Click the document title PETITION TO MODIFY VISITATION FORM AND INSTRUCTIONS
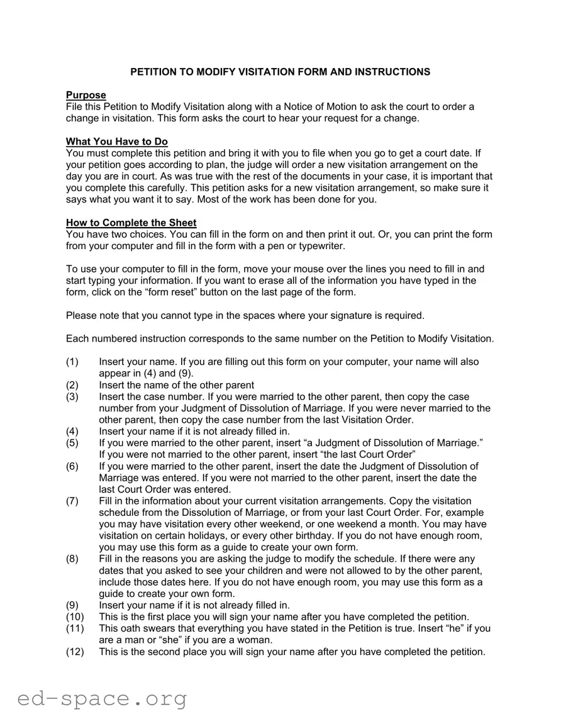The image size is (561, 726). coord(280,72)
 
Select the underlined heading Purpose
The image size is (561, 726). coord(86,95)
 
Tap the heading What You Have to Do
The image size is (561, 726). coord(117,142)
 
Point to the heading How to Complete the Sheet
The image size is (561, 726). coord(131,223)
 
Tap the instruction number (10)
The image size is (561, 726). coord(75,617)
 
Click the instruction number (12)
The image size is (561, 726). coord(75,651)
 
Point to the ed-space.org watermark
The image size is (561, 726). coord(102,699)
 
